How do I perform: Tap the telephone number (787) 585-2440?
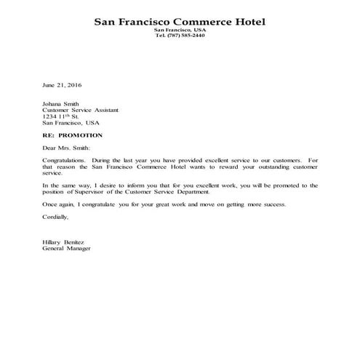tap(185, 35)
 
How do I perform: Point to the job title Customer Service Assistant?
tap(81, 110)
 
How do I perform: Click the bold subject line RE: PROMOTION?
tap(73, 135)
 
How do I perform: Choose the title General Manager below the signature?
tap(66, 248)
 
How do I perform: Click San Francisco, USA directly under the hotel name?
tap(180, 30)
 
